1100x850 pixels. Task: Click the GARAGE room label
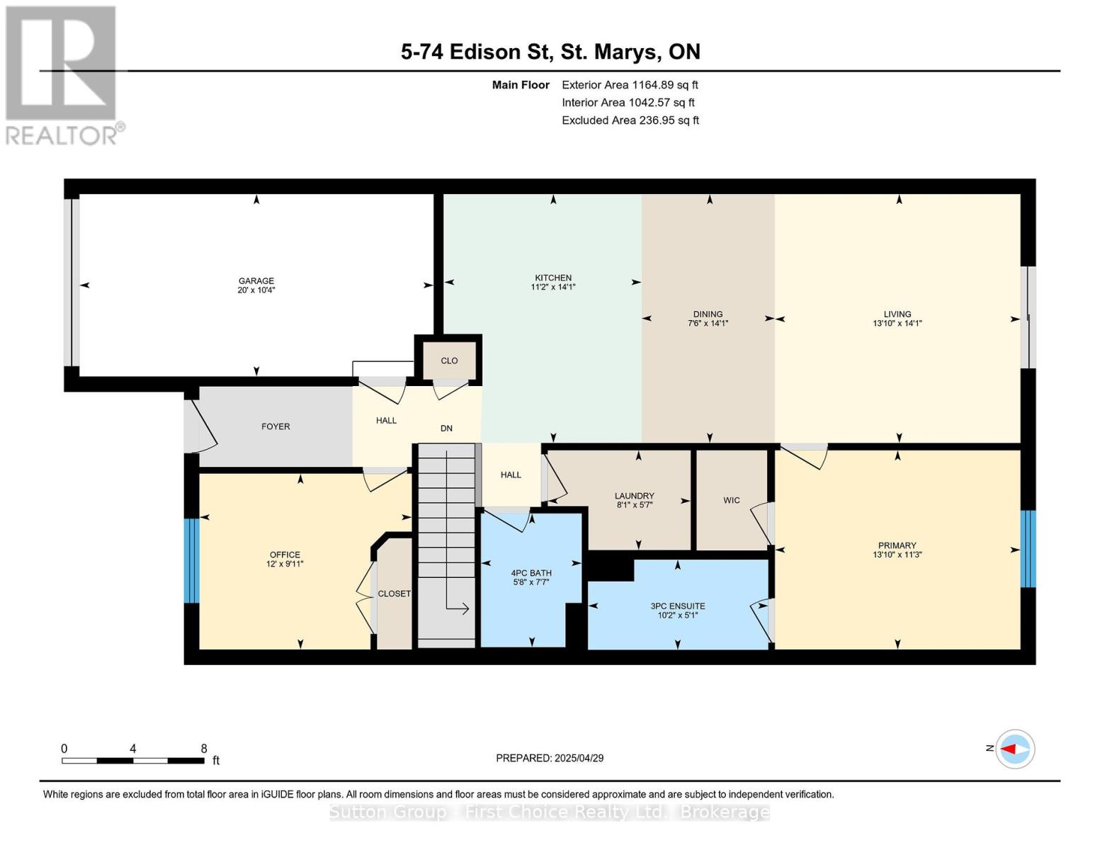(256, 280)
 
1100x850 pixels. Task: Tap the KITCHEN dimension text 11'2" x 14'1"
(552, 287)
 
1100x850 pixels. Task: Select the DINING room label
(708, 314)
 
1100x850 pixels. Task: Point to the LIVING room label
(897, 314)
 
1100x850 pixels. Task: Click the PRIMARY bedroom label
(897, 545)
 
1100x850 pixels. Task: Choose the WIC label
(732, 500)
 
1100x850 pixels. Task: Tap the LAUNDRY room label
(634, 496)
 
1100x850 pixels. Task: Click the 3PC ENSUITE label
(678, 606)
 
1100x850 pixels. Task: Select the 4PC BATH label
(531, 573)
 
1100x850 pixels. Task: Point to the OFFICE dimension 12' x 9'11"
(285, 564)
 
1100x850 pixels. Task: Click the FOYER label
(276, 427)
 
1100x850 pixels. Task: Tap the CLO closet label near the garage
(449, 361)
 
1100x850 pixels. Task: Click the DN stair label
(446, 429)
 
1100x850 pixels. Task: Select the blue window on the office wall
(191, 560)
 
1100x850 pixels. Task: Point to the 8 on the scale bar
(204, 749)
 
